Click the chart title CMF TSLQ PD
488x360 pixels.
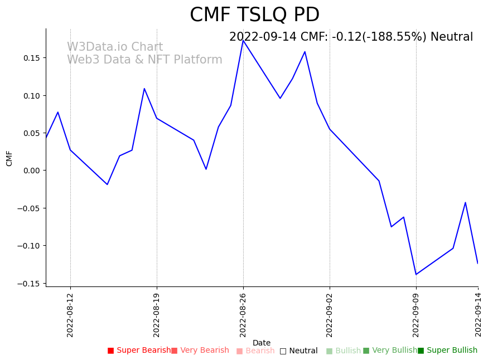[x=254, y=15]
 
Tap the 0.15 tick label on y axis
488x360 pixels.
[x=31, y=58]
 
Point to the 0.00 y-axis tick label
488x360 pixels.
[x=31, y=171]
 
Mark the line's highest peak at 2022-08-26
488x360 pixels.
[x=243, y=41]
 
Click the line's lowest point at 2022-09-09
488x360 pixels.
[x=416, y=274]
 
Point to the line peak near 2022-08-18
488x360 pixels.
[x=144, y=89]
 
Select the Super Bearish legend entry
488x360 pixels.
[x=139, y=351]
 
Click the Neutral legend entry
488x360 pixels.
[x=299, y=351]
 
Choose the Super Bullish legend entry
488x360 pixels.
[x=448, y=351]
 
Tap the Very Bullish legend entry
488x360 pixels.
[x=390, y=351]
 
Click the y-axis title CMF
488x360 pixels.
[x=9, y=158]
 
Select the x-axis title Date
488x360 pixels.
[x=262, y=343]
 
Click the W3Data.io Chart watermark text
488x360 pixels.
[x=115, y=47]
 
